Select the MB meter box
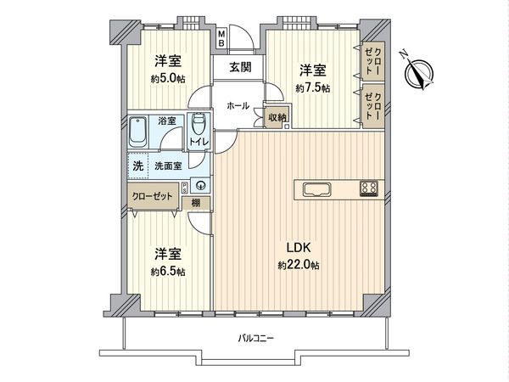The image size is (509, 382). pos(221,38)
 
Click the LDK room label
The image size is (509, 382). pos(297,248)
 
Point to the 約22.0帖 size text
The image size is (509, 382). pos(297,266)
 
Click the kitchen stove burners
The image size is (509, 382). pos(369,188)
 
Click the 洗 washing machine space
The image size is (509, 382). pos(136,166)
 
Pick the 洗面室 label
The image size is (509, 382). pos(166,166)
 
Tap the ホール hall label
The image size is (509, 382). pos(238,105)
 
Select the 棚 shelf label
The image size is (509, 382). pos(196,202)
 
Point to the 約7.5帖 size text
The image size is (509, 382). pos(312,88)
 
